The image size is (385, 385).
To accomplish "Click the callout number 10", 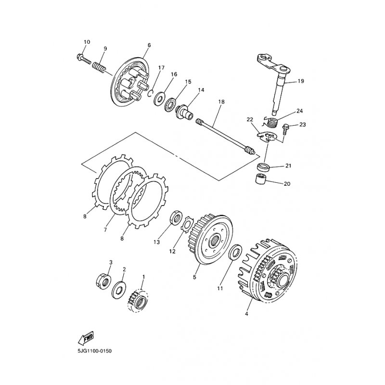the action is click(87, 42).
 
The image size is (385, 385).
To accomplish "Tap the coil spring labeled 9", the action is click(100, 67).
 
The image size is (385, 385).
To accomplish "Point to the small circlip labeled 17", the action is click(151, 93).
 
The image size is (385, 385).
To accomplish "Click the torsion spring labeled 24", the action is click(270, 122).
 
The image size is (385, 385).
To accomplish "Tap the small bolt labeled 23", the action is click(285, 129).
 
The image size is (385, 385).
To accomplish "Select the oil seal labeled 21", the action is click(264, 167).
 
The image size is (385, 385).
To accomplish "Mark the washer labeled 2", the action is click(119, 290).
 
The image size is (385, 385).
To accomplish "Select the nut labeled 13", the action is click(176, 217).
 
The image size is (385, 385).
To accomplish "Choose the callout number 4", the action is click(246, 314).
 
